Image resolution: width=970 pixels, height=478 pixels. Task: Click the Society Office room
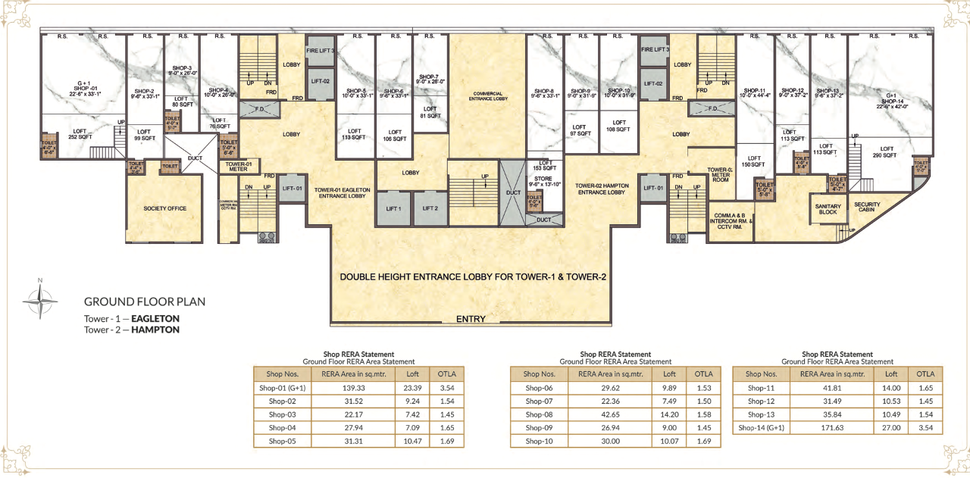[x=164, y=208]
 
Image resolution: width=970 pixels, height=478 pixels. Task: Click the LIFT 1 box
[x=393, y=208]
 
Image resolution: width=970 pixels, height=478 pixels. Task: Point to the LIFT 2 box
[x=430, y=208]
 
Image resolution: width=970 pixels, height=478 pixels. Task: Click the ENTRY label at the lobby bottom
[x=471, y=319]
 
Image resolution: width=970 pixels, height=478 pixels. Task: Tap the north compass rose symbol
[x=39, y=300]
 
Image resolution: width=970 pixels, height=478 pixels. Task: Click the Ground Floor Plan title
[x=144, y=301]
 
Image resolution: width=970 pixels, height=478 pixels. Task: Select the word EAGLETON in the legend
[x=155, y=319]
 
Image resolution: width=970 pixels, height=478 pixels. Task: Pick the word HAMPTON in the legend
[x=155, y=330]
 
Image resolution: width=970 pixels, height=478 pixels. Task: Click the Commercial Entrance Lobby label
[x=486, y=96]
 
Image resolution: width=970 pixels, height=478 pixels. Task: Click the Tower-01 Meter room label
[x=238, y=166]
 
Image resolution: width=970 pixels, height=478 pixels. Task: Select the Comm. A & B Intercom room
[x=730, y=220]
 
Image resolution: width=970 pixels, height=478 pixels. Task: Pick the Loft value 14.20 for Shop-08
[x=669, y=414]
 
